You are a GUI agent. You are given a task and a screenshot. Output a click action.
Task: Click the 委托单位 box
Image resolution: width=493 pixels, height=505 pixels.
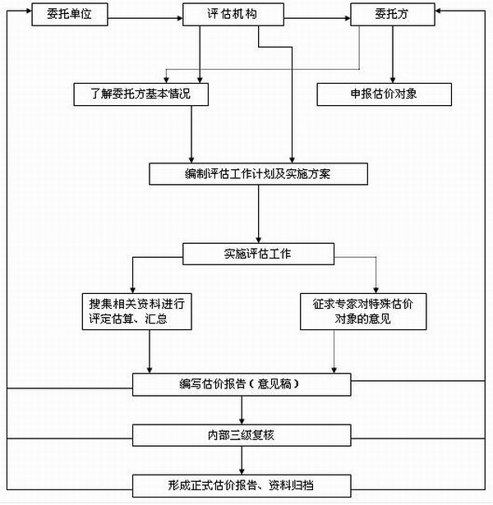tap(70, 15)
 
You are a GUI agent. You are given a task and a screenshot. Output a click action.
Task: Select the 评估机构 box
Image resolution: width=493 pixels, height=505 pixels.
tap(233, 15)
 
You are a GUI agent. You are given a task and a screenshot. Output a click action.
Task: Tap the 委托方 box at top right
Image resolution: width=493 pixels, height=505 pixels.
tap(393, 15)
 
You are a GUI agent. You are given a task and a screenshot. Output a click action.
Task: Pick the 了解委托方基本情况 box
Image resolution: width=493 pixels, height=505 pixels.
tap(141, 94)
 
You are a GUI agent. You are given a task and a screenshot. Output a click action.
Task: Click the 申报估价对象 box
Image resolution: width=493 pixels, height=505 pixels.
tap(384, 94)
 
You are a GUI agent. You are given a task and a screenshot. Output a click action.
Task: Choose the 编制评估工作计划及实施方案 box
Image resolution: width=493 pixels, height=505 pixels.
tap(258, 174)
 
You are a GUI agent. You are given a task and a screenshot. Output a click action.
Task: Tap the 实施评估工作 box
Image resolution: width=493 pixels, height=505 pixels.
tap(258, 254)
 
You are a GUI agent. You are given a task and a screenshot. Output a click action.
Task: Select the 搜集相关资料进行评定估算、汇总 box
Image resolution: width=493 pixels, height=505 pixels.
tap(137, 311)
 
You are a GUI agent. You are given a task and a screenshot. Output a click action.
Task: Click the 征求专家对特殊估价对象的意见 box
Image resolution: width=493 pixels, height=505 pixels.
tap(363, 311)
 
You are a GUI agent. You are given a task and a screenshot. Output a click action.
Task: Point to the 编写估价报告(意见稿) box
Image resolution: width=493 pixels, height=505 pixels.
tap(242, 384)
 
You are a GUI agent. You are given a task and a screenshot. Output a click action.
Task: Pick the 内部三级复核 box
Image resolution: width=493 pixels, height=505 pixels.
tap(242, 435)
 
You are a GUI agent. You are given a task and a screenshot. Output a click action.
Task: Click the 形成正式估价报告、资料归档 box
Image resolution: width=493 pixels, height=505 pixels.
tap(242, 485)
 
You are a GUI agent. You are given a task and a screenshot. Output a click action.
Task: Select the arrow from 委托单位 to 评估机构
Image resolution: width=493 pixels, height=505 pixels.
tap(145, 18)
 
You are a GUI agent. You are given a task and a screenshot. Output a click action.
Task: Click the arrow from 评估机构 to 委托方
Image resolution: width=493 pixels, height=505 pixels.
tap(317, 18)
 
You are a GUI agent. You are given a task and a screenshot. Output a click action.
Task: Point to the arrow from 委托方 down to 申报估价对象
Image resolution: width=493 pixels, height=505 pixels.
tap(393, 54)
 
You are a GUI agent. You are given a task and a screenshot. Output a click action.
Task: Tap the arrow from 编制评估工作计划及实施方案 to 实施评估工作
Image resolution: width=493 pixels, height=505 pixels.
tap(259, 213)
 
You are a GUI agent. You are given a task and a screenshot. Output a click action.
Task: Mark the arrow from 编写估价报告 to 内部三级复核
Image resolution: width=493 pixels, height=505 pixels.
tap(242, 410)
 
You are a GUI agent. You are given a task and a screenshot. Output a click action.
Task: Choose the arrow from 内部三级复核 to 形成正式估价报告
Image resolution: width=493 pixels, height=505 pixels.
tap(242, 460)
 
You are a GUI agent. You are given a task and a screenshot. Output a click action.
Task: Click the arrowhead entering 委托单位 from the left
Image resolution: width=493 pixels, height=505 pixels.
tap(29, 11)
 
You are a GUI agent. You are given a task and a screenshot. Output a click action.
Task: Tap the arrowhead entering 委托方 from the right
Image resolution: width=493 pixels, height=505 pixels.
tap(438, 11)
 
